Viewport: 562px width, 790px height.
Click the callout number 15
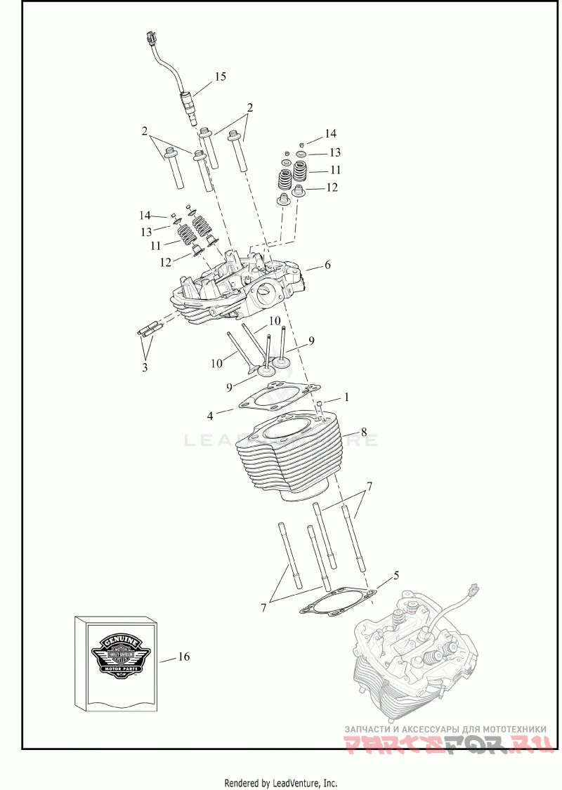pos(221,77)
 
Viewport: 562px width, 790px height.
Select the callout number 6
pos(327,265)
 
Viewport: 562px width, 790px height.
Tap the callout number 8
pos(364,430)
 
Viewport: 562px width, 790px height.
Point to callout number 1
pos(346,397)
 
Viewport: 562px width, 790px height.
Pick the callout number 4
pos(210,416)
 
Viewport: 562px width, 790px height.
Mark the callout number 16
pos(184,657)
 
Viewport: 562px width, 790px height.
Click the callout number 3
pos(145,367)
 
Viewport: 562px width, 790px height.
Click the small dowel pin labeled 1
pos(320,405)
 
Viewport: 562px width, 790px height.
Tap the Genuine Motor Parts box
pos(116,661)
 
